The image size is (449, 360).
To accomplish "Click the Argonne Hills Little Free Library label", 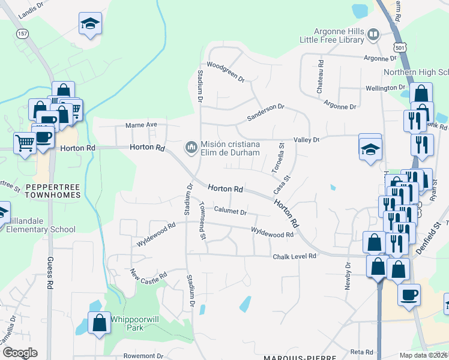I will (332, 35).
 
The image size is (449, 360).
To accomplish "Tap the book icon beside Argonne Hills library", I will (373, 34).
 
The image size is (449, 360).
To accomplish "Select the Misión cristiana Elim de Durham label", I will (231, 148).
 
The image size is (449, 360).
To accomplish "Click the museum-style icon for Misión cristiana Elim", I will (191, 147).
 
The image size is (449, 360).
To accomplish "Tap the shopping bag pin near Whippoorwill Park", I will (99, 323).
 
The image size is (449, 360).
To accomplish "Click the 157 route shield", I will (23, 34).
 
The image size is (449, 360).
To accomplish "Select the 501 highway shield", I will (401, 47).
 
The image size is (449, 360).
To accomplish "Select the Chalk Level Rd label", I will (295, 256).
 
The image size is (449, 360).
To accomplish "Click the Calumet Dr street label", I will (231, 211).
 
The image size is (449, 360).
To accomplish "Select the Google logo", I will (19, 353).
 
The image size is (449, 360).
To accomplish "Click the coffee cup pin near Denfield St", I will (409, 295).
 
